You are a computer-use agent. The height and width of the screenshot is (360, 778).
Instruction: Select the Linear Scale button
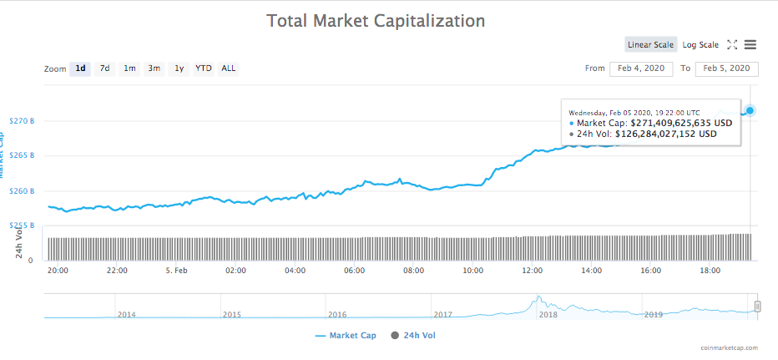(x=650, y=45)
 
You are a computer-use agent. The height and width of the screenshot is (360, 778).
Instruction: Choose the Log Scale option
(x=700, y=45)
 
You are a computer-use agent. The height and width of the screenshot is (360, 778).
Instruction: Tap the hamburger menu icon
(x=750, y=45)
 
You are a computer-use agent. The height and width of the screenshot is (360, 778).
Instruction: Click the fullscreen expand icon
(x=731, y=45)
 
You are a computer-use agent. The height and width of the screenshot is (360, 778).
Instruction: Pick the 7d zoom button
(x=104, y=68)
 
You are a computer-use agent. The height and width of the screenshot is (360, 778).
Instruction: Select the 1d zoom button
(x=80, y=68)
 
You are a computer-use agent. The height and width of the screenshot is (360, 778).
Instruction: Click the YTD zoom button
(x=203, y=68)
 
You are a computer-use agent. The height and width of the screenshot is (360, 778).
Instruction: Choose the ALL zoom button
(x=228, y=68)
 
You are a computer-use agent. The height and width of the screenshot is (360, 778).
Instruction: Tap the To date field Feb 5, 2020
(x=726, y=68)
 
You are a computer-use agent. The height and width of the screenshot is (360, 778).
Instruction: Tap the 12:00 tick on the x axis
(x=533, y=271)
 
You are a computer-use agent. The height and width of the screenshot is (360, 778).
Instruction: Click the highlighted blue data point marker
(x=750, y=110)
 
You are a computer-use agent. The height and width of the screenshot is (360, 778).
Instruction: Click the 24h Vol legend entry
(x=412, y=335)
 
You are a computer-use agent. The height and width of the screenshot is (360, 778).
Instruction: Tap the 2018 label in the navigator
(x=548, y=315)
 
